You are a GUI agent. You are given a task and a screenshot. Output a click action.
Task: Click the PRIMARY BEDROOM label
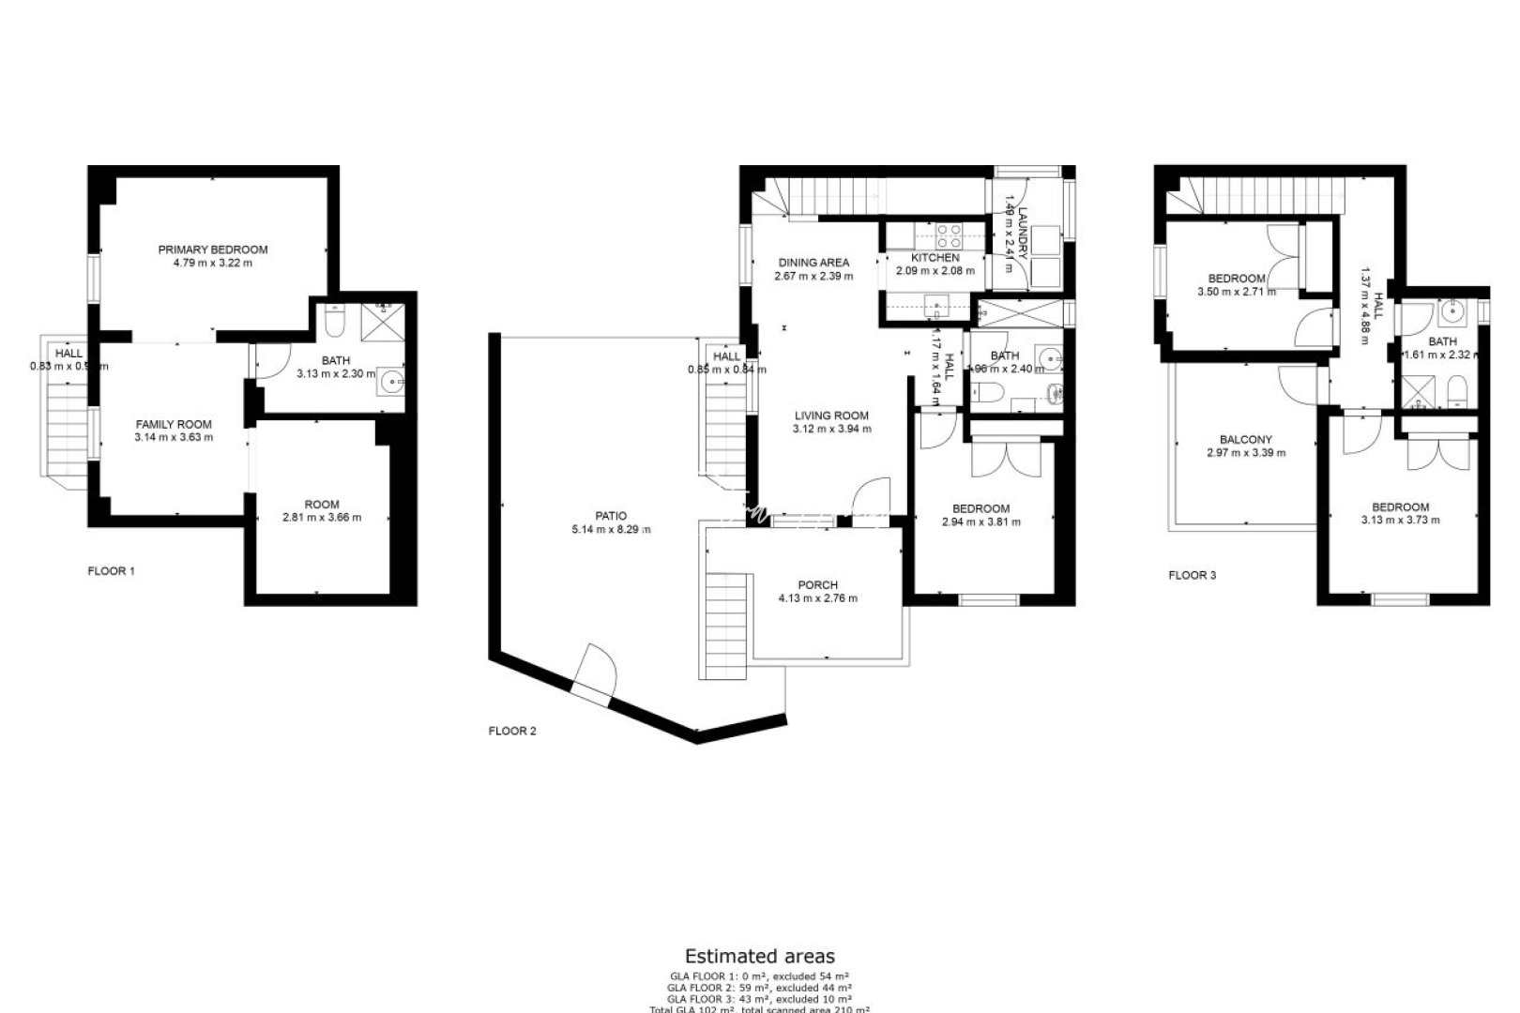click(213, 249)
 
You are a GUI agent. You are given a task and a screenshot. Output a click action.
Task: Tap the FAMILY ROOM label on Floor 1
click(174, 424)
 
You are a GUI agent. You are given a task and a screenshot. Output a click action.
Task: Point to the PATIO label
click(611, 516)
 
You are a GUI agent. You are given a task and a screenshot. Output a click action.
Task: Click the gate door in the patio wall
click(593, 673)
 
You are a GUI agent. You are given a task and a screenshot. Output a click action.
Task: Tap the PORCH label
click(817, 585)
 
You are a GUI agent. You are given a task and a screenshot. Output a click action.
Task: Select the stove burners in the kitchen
click(948, 235)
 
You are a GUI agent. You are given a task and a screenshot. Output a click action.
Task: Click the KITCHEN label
click(935, 258)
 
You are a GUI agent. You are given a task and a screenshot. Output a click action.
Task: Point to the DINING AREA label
click(813, 263)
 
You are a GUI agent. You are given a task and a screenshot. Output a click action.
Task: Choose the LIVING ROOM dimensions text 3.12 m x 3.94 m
click(831, 429)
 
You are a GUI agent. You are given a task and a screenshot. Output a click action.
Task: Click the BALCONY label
click(1246, 439)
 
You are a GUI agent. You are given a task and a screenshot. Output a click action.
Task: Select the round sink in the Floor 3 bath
click(1450, 311)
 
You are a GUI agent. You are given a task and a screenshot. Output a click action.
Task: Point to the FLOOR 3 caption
click(1192, 575)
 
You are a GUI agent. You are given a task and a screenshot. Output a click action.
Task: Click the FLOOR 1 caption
click(111, 570)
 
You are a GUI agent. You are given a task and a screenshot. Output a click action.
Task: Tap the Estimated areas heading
click(759, 957)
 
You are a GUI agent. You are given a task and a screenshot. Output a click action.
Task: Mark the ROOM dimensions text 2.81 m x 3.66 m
click(322, 517)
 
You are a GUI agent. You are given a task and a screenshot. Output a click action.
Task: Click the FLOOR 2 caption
click(512, 731)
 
